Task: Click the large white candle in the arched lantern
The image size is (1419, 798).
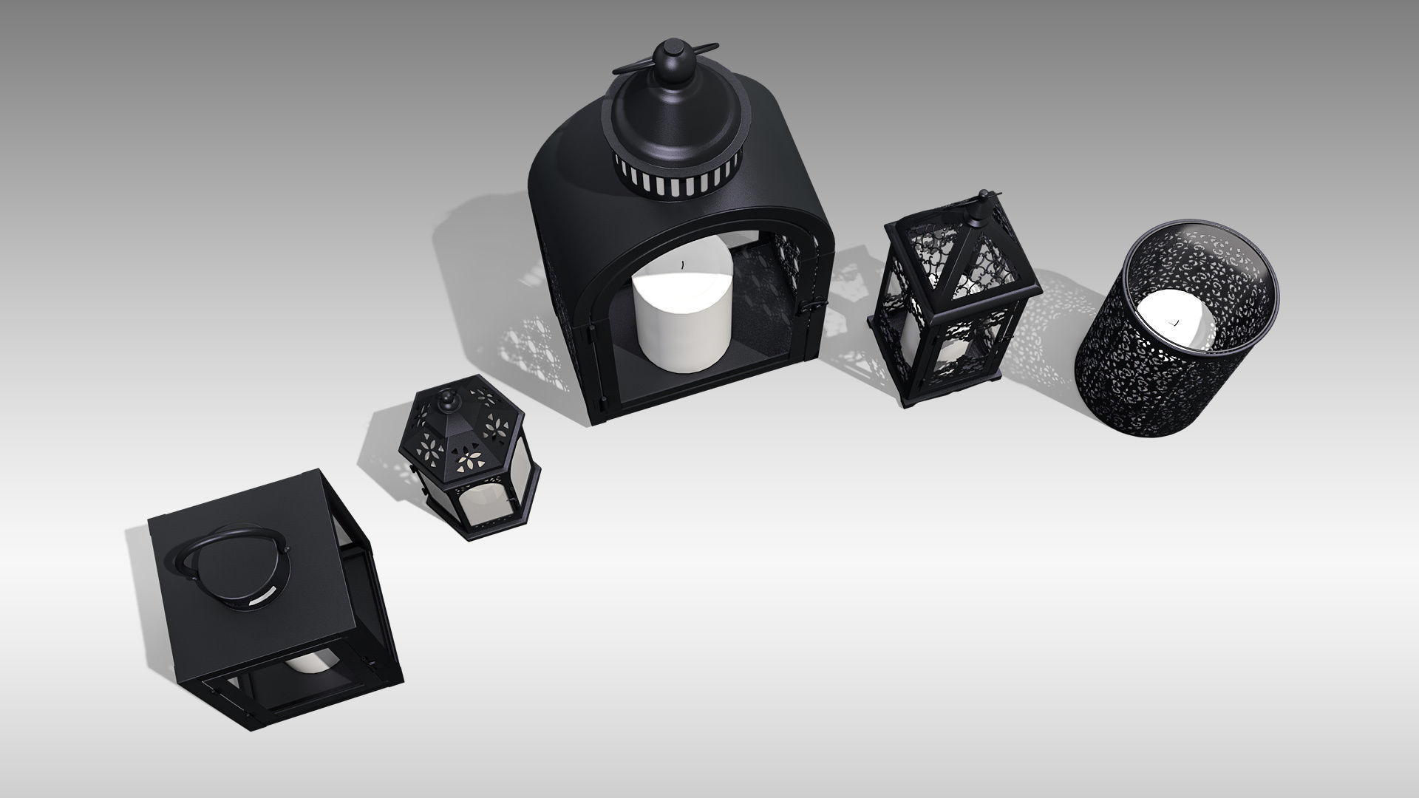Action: [681, 325]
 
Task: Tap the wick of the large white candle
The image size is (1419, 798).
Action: [684, 262]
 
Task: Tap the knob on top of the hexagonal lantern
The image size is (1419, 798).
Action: [446, 401]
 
